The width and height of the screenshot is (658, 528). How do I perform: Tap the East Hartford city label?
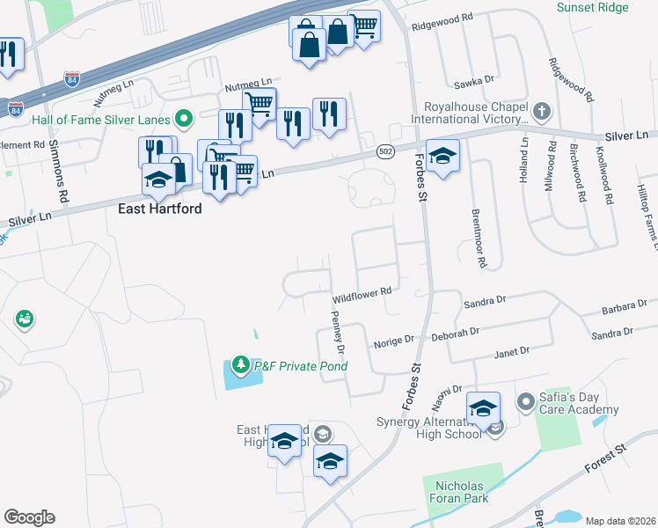(x=160, y=209)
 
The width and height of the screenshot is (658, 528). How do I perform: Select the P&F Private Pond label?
(x=300, y=366)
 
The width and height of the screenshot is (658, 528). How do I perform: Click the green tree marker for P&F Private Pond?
(x=240, y=364)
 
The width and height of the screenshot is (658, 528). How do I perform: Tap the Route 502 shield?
(x=385, y=151)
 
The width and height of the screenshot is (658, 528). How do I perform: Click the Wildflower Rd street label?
(x=361, y=291)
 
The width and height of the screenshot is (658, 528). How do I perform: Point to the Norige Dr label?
(x=393, y=340)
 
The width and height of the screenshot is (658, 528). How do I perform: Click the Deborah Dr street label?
(x=455, y=334)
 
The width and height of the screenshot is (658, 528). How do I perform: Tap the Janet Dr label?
(x=512, y=351)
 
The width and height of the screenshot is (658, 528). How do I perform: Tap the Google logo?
(x=29, y=517)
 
